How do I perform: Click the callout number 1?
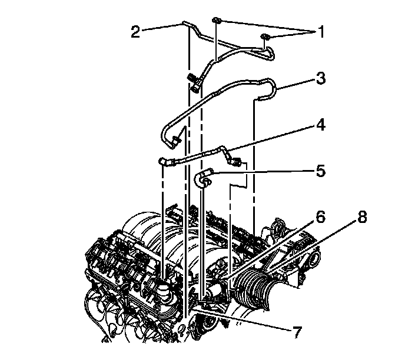click(x=320, y=31)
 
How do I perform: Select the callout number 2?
click(x=135, y=32)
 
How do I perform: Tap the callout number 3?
click(x=321, y=78)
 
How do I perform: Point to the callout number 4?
click(x=320, y=125)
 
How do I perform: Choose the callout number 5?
click(x=321, y=171)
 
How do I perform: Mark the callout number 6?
click(x=320, y=217)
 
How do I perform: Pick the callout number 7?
click(x=297, y=332)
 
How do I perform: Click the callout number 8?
click(x=361, y=217)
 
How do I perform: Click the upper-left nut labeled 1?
click(x=216, y=21)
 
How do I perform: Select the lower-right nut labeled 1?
click(x=265, y=36)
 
